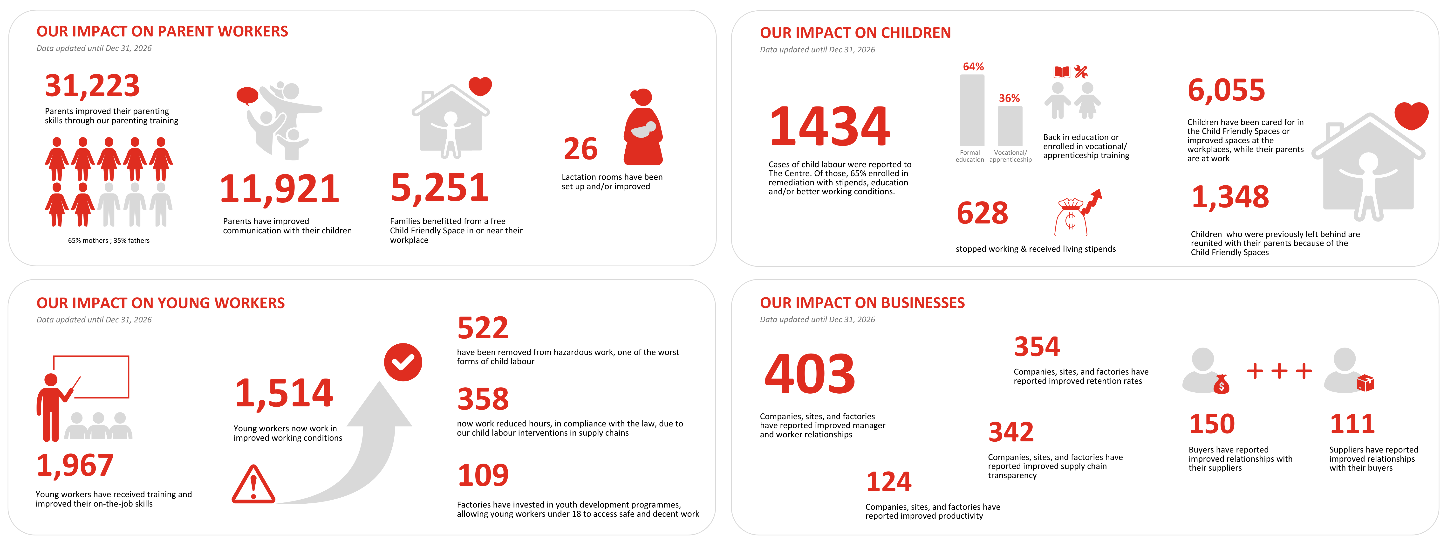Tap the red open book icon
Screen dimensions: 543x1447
click(x=1061, y=72)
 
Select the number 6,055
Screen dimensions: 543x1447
click(x=1226, y=90)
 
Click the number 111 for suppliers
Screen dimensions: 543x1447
click(x=1352, y=424)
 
